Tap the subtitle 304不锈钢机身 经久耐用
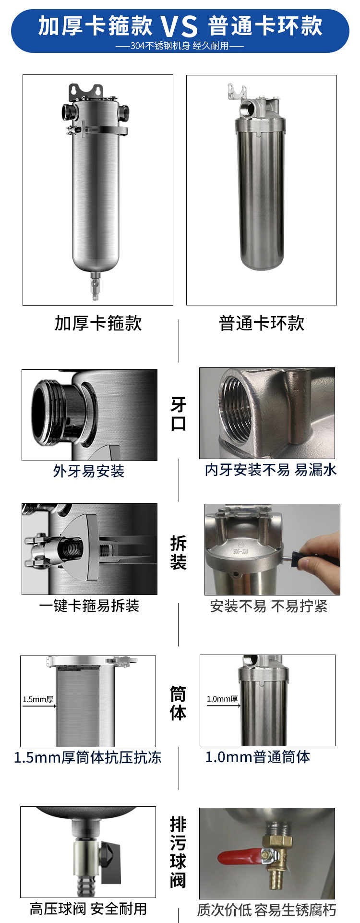tap(180, 46)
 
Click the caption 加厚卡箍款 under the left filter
tap(98, 323)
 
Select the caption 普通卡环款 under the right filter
tap(262, 323)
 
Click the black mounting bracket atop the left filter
tap(86, 91)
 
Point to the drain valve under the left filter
tap(96, 285)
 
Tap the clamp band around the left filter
tap(98, 130)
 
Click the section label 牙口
tap(179, 414)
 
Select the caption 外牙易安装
tap(89, 471)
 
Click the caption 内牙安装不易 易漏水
tap(271, 470)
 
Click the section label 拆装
tap(179, 552)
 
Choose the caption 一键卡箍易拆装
tap(89, 606)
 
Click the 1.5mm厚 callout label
tap(38, 699)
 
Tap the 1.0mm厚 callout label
tap(222, 699)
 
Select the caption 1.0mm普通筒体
tap(258, 757)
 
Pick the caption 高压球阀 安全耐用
tap(88, 909)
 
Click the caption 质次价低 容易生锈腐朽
tap(267, 910)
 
